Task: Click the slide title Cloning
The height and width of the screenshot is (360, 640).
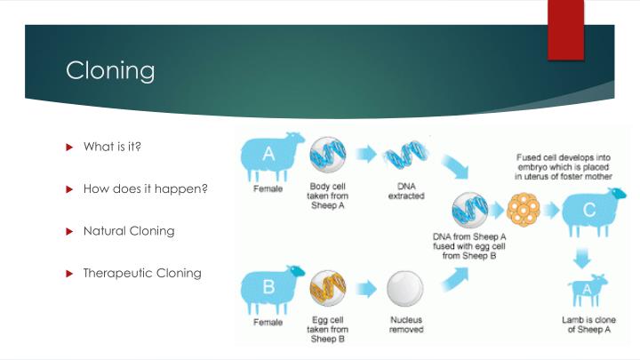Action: point(110,71)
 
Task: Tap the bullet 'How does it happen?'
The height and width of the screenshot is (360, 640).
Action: point(145,188)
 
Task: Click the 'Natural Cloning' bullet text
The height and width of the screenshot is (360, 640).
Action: point(128,231)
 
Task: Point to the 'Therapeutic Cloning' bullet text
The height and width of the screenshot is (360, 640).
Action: point(142,273)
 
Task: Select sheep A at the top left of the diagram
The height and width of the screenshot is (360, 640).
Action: point(272,157)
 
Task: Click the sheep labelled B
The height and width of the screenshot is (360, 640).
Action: point(272,288)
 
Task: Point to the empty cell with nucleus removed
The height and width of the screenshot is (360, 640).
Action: point(405,290)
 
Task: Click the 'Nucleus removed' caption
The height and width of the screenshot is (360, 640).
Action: point(405,324)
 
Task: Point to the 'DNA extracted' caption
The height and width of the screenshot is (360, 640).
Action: point(405,191)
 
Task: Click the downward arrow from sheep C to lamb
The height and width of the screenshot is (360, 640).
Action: point(581,259)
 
